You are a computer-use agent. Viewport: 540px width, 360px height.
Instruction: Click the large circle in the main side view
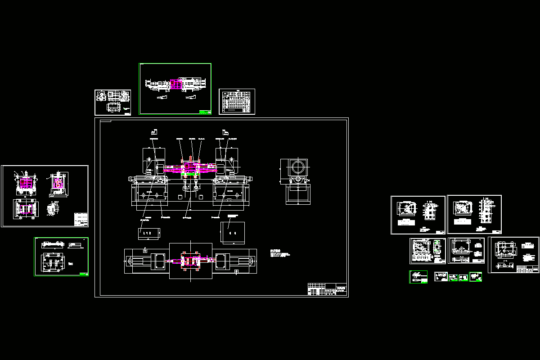pos(298,167)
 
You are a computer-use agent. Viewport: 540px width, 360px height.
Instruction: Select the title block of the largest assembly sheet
pos(328,289)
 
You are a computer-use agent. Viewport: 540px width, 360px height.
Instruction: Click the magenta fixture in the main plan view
pos(191,261)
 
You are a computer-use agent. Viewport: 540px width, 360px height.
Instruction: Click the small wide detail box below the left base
pos(149,234)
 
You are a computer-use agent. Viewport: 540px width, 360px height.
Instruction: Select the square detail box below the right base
pos(233,233)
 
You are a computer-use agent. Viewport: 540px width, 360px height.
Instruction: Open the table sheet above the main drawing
pos(237,101)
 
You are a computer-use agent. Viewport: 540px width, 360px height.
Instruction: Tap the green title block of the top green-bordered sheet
pos(205,112)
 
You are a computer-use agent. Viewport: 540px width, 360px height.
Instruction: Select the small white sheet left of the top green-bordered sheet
pos(112,102)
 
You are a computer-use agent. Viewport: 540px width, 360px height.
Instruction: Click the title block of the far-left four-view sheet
pos(81,219)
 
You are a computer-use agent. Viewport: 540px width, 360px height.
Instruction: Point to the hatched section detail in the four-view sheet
pos(54,210)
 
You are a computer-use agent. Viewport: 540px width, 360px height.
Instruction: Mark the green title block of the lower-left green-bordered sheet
pos(83,274)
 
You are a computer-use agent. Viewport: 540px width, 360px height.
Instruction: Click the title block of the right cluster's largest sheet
pos(527,269)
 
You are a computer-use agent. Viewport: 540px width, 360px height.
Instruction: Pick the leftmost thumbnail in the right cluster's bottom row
pos(418,277)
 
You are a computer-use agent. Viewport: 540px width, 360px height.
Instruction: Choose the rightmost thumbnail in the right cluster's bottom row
pos(475,277)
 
